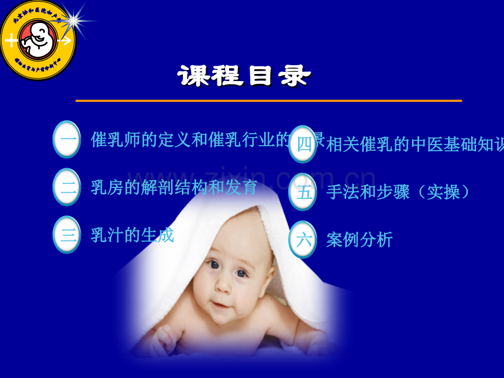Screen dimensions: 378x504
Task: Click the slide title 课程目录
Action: pyautogui.click(x=244, y=77)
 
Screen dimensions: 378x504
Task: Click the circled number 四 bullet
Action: pyautogui.click(x=302, y=145)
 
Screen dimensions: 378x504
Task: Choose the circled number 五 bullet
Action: pyautogui.click(x=302, y=192)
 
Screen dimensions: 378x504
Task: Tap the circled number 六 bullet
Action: pyautogui.click(x=302, y=239)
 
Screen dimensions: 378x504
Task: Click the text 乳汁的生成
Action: pyautogui.click(x=133, y=235)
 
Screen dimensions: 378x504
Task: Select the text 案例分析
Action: pyautogui.click(x=359, y=239)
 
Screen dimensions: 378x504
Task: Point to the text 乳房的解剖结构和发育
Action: pyautogui.click(x=174, y=187)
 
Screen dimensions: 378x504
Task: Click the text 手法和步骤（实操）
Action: pyautogui.click(x=398, y=192)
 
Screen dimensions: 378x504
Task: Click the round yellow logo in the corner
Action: pyautogui.click(x=37, y=40)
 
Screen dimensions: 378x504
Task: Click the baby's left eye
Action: pyautogui.click(x=242, y=273)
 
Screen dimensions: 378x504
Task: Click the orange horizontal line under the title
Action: pyautogui.click(x=268, y=101)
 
